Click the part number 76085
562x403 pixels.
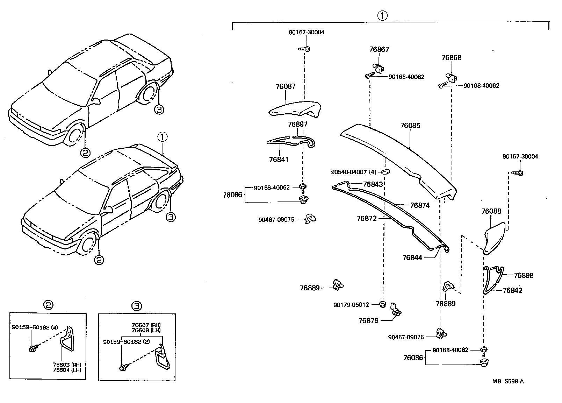coord(410,126)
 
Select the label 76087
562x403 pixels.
coord(286,86)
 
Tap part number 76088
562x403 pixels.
coord(491,211)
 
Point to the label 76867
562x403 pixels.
coord(379,49)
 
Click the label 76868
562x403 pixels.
coord(451,58)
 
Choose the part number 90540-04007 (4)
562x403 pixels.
coord(354,172)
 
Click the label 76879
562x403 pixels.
coord(368,320)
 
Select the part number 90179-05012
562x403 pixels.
coord(351,305)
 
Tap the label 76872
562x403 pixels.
coord(367,218)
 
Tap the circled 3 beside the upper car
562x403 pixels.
coord(159,110)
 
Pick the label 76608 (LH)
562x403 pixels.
coord(146,330)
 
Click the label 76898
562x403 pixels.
coord(524,275)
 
